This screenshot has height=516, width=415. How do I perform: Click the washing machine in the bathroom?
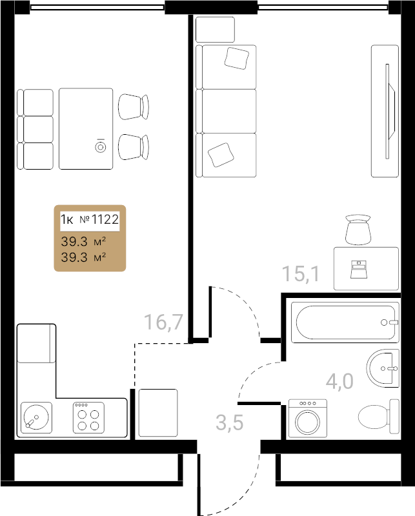click(x=308, y=419)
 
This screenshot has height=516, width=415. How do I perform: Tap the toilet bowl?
click(x=379, y=417)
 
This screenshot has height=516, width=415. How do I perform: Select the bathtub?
click(x=345, y=322)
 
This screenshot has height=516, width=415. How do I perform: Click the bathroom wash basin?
click(x=383, y=368)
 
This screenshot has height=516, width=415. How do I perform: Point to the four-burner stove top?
click(x=88, y=417)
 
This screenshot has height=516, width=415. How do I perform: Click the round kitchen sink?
click(x=36, y=417)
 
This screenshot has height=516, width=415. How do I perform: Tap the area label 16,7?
click(x=164, y=322)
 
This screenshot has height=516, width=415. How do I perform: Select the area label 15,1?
click(x=301, y=273)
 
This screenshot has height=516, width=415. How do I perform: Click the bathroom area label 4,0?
click(x=339, y=381)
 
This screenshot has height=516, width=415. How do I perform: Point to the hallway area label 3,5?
click(x=230, y=422)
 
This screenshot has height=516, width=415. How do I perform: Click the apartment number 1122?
click(x=105, y=219)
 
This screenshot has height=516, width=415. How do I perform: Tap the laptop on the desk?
click(x=358, y=270)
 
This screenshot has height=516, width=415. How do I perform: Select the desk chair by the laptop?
click(x=358, y=230)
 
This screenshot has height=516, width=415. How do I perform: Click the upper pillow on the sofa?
click(x=236, y=58)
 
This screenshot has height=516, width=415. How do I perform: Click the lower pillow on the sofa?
click(x=221, y=155)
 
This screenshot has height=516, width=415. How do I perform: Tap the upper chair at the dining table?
click(x=134, y=107)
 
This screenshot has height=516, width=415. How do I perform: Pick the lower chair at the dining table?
click(x=134, y=147)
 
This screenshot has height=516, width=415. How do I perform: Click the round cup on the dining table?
click(x=101, y=147)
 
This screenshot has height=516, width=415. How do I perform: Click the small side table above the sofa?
click(x=215, y=30)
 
